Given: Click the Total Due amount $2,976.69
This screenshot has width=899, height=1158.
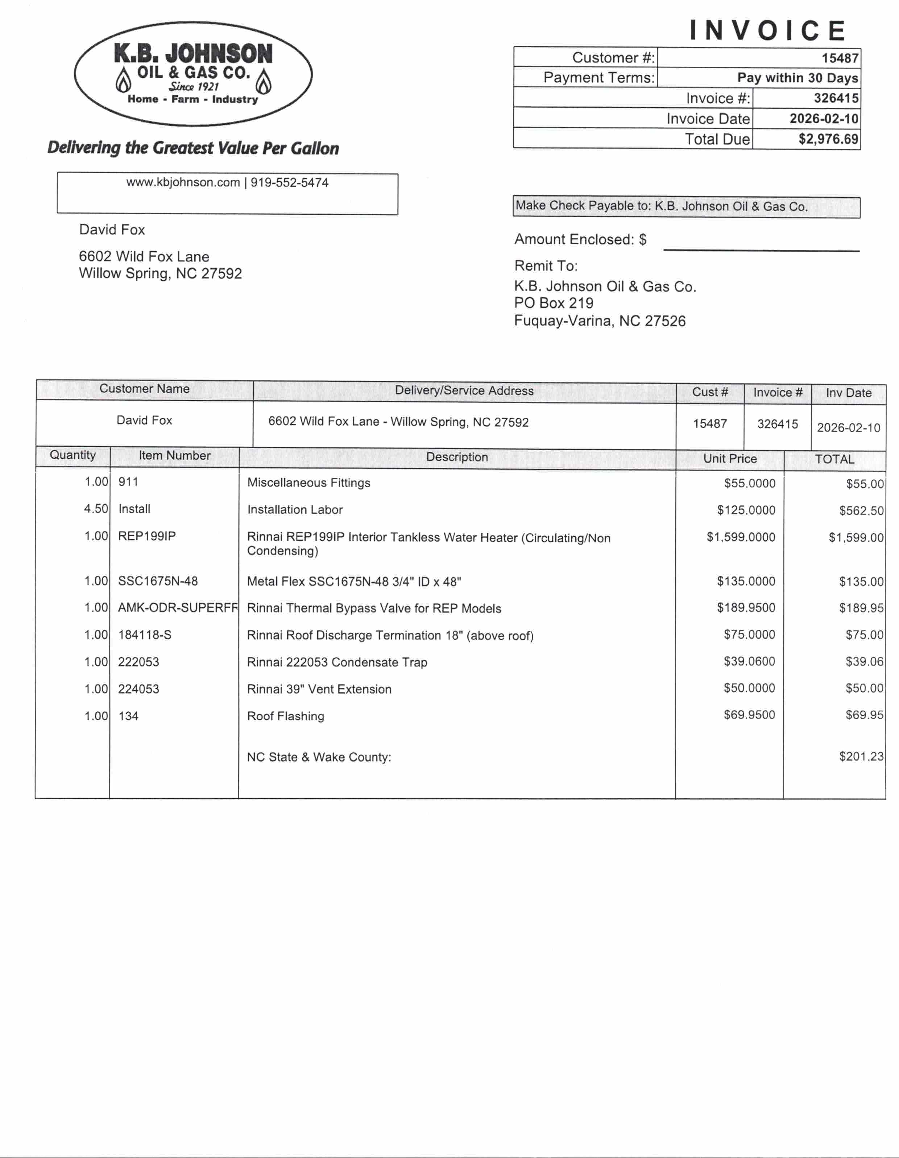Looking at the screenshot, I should coord(828,139).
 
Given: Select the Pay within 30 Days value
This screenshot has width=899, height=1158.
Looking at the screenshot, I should coord(797,78).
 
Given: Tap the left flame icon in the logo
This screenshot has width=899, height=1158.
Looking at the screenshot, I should coord(124,80).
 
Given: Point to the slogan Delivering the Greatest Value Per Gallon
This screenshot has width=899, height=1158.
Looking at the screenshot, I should coord(193,148).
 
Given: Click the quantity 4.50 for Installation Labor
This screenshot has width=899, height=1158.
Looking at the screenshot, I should coord(96,508).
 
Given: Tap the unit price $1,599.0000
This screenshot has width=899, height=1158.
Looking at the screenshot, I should coord(741,537).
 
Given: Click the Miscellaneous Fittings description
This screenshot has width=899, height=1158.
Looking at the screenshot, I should coord(308,483).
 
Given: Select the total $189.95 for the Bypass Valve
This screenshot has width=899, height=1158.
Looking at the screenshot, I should coord(861,608).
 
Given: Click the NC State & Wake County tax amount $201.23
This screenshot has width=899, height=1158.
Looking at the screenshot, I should coord(861,756).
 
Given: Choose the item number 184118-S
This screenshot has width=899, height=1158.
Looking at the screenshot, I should coord(145,635).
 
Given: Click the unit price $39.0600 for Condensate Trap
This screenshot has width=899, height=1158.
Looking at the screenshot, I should coord(749,661).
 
